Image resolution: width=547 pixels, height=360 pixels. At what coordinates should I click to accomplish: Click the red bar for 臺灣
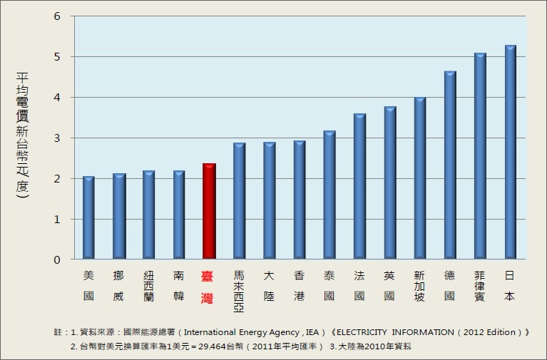(x=209, y=211)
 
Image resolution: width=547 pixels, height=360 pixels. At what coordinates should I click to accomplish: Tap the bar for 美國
(x=88, y=217)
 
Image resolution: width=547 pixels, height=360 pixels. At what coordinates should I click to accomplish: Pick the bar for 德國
(x=449, y=165)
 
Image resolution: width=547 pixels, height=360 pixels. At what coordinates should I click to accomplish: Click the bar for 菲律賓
(x=480, y=155)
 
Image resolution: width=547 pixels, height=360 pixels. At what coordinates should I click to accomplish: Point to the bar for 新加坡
(x=419, y=178)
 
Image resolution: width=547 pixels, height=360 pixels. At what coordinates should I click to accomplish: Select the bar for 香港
(x=300, y=200)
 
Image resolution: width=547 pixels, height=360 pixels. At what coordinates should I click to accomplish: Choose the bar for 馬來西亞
(x=239, y=201)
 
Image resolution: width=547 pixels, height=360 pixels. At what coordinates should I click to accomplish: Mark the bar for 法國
(x=359, y=186)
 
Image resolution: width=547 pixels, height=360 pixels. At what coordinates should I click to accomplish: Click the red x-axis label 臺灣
(x=208, y=285)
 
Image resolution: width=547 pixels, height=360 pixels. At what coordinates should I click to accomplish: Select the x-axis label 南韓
(x=178, y=285)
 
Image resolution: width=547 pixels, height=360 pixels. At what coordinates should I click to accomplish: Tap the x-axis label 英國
(x=389, y=285)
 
